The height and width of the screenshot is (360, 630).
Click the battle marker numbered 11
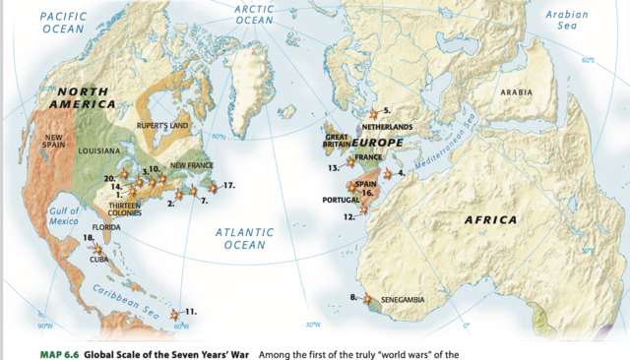pos(175,314)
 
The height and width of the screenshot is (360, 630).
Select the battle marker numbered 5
pos(373,113)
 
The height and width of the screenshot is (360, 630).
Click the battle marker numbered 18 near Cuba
pos(96,248)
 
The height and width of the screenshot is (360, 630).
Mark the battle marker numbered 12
pos(363,209)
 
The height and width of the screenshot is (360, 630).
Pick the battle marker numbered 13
pos(350,163)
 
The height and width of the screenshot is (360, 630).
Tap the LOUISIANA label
pos(98,151)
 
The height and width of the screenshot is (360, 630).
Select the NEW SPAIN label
pos(54,143)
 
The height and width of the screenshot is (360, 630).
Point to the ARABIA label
pos(517,92)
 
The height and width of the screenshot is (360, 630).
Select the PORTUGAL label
pos(341,200)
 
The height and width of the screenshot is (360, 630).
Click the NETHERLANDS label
pos(388,128)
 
